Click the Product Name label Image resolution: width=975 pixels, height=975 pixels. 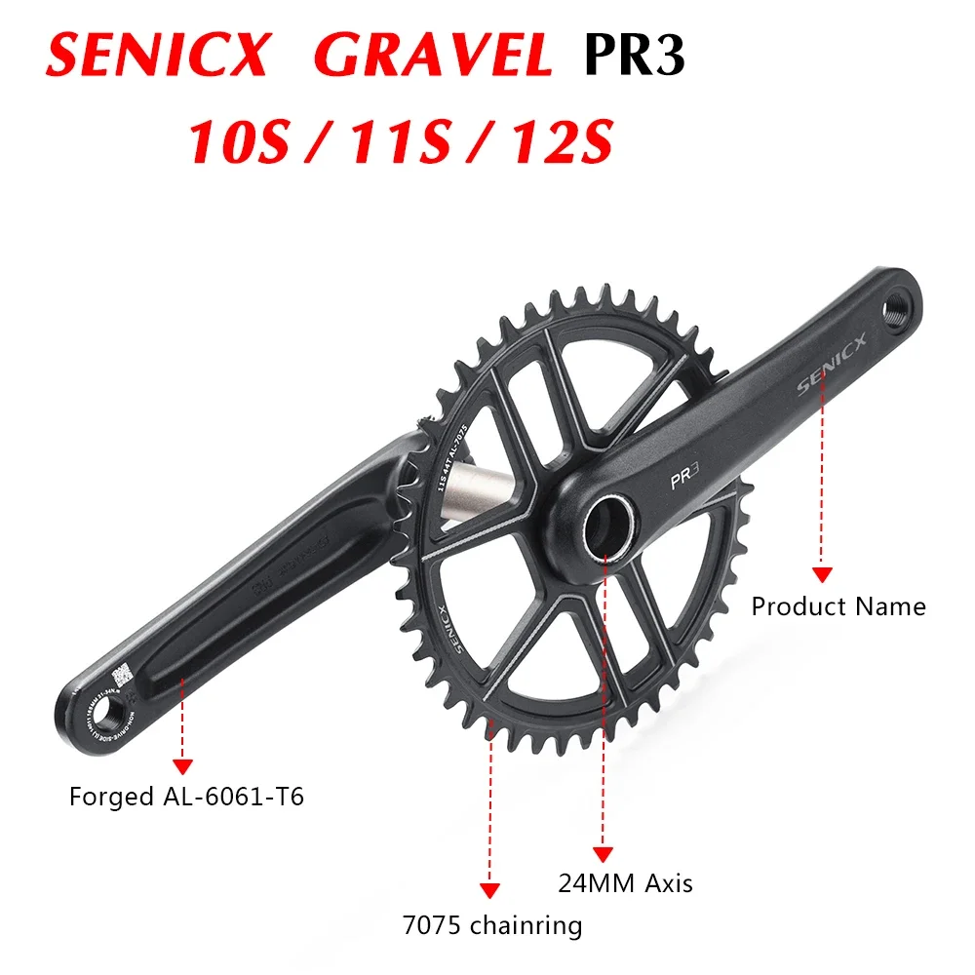tap(838, 606)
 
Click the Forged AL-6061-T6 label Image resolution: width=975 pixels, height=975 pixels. tap(187, 797)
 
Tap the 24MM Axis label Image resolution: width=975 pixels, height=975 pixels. tap(625, 883)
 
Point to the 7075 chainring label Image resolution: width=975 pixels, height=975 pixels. tap(492, 924)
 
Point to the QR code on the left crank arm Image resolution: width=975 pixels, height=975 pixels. tap(121, 675)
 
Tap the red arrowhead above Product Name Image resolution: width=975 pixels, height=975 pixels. tap(822, 575)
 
